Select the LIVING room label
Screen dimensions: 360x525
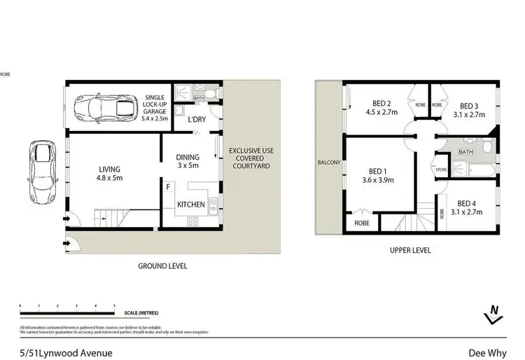pos(110,173)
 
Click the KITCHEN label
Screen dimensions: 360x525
pos(190,205)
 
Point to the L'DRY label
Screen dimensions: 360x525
pos(196,120)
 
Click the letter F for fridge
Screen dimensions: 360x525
pos(168,188)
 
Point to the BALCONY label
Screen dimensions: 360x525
pos(329,162)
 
